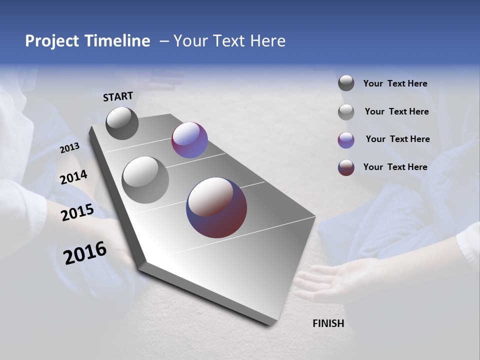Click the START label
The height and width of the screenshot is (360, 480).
(118, 96)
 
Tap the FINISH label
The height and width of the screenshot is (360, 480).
(328, 323)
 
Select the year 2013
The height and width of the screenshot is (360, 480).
(69, 148)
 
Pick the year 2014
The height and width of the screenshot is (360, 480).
(73, 177)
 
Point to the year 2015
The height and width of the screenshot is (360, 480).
(77, 212)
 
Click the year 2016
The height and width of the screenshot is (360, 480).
(85, 252)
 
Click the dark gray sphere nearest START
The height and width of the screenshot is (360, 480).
(122, 123)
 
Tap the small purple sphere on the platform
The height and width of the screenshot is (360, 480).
(189, 140)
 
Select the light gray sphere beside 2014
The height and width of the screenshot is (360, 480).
(145, 180)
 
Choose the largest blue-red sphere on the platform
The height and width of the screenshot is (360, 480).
(216, 207)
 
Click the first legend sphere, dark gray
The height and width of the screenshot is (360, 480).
(346, 83)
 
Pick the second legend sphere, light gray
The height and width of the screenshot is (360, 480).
(346, 112)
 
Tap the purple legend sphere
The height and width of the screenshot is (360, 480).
(346, 139)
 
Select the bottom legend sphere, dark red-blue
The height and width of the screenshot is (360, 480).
(346, 167)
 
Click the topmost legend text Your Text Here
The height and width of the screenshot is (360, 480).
(395, 83)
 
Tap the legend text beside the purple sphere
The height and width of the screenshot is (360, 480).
(397, 139)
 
